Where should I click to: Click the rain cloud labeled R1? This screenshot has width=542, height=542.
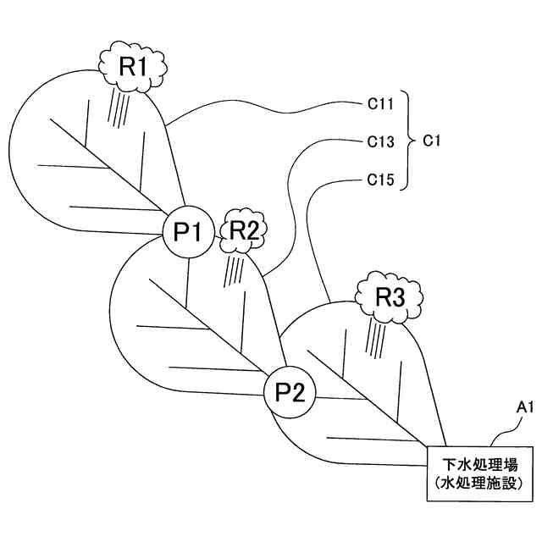click(x=134, y=66)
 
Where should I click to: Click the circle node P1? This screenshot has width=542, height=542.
click(x=187, y=229)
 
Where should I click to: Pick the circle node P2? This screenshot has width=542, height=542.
click(x=290, y=392)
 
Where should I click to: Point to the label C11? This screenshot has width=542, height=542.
click(x=380, y=106)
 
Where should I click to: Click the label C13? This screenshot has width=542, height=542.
click(x=380, y=142)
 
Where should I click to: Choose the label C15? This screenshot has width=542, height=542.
click(x=380, y=180)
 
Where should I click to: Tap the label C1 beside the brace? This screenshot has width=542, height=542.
click(x=431, y=142)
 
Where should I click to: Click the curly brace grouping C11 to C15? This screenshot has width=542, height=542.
click(x=409, y=142)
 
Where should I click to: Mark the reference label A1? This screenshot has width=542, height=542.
click(x=525, y=408)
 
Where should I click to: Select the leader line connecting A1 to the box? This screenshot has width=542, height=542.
click(x=504, y=428)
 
